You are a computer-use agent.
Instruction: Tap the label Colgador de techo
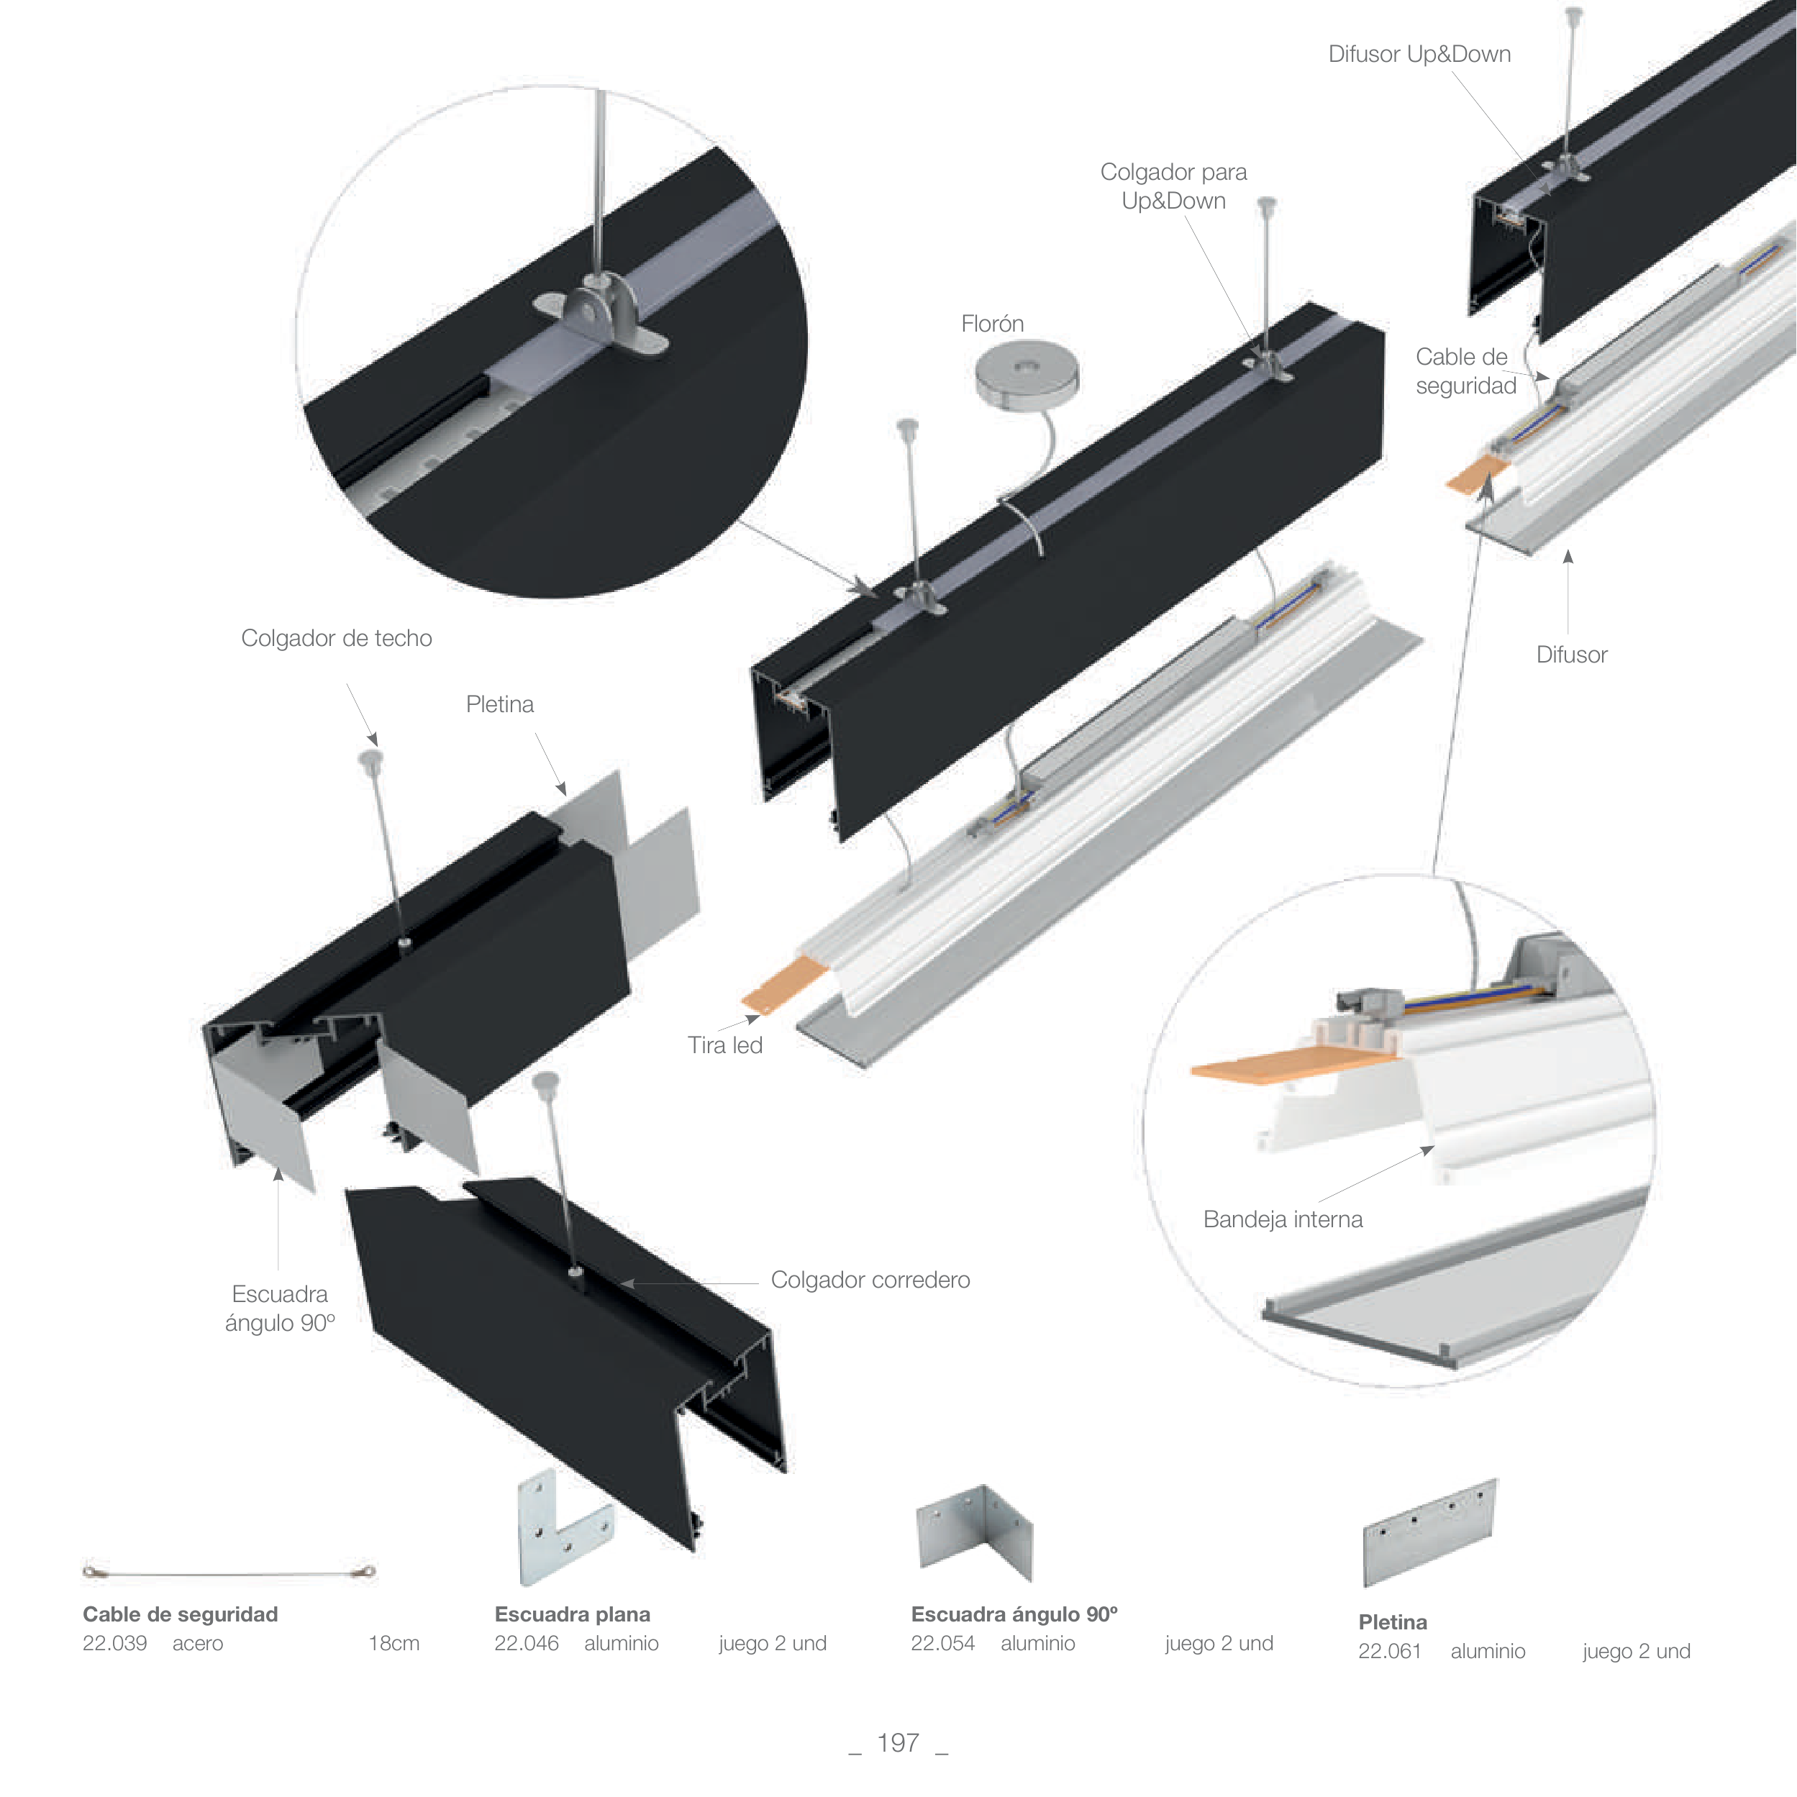(x=336, y=638)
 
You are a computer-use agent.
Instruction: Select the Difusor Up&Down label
(x=1419, y=54)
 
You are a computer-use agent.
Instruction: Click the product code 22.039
(x=114, y=1644)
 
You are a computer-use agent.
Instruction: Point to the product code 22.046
(x=527, y=1644)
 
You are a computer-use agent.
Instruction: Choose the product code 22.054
(x=942, y=1644)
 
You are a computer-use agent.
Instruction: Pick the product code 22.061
(x=1390, y=1651)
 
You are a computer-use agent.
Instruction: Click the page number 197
(x=898, y=1742)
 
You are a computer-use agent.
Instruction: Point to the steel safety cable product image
(x=229, y=1573)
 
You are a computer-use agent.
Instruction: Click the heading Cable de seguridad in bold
(x=181, y=1614)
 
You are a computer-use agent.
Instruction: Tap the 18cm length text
(x=393, y=1644)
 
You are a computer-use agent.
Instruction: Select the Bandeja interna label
(x=1283, y=1219)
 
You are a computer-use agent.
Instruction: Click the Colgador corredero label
(x=870, y=1280)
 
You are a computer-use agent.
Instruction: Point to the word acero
(x=197, y=1644)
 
